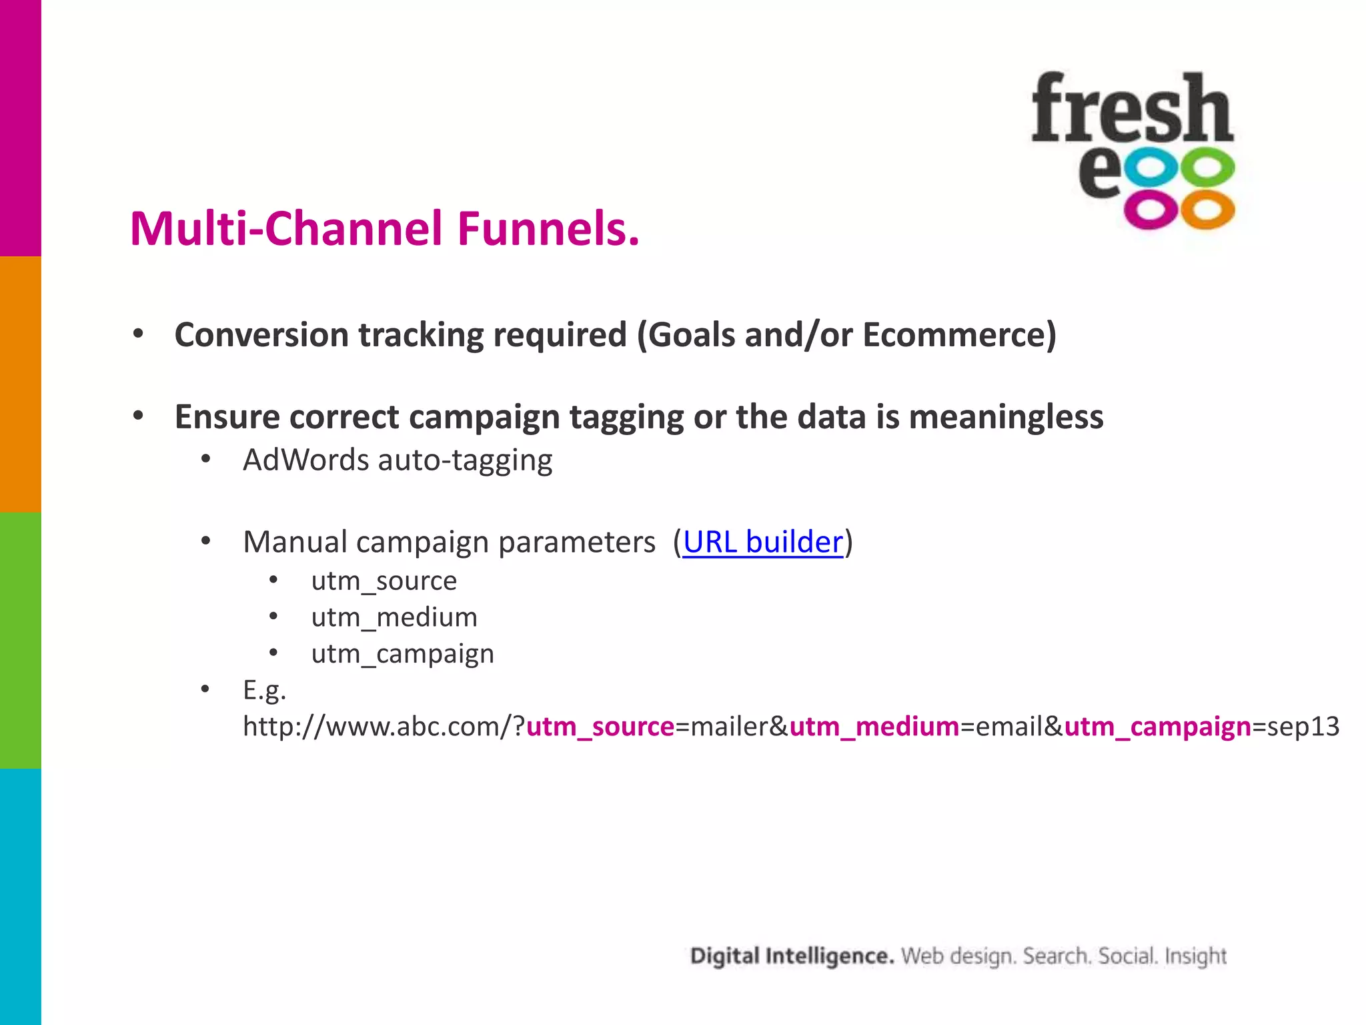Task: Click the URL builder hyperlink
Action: [x=762, y=542]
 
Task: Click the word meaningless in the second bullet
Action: [x=1006, y=417]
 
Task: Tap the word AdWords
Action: [x=305, y=460]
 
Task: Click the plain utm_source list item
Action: [x=384, y=581]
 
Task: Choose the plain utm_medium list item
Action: [x=394, y=617]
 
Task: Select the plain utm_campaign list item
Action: [x=403, y=654]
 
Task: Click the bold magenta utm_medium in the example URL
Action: [x=874, y=727]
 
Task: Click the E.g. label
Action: [x=264, y=690]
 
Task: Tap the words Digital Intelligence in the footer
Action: [x=792, y=956]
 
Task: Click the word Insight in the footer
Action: [x=1195, y=956]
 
